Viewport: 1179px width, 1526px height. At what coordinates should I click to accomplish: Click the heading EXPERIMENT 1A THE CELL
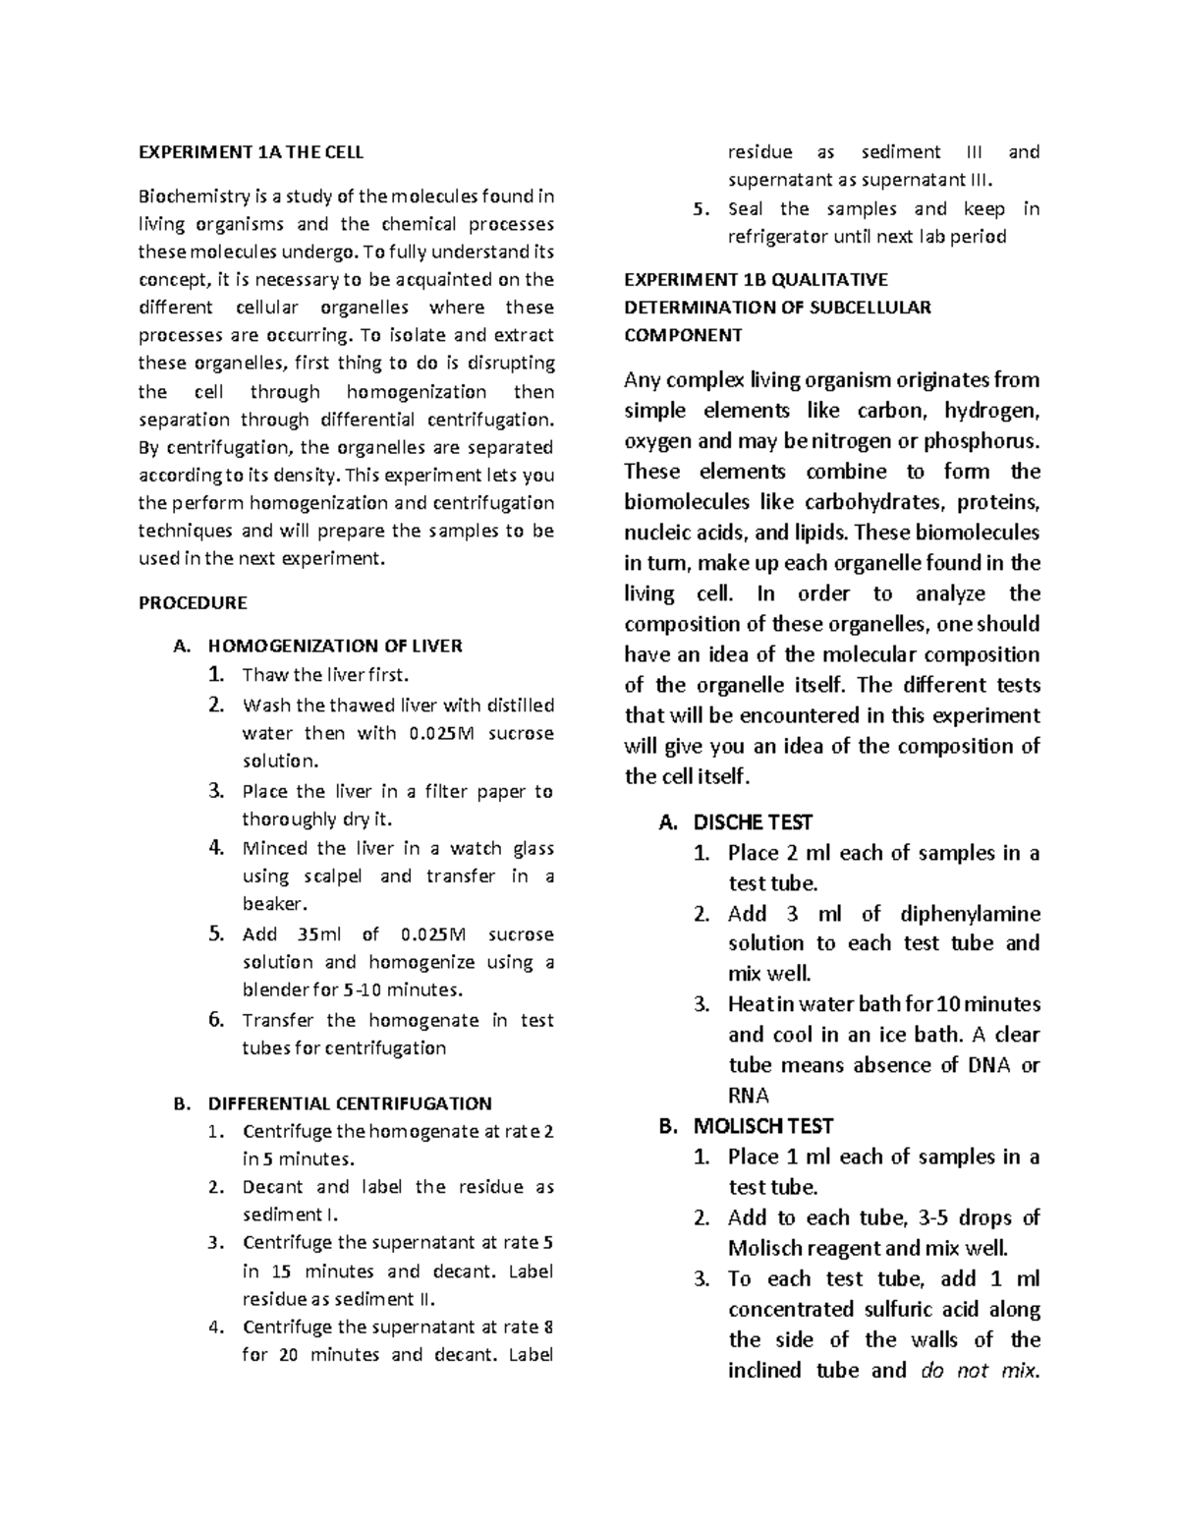coord(251,152)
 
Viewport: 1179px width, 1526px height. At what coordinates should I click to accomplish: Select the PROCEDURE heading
coord(193,602)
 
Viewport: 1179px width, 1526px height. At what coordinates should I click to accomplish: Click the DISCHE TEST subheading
coord(753,822)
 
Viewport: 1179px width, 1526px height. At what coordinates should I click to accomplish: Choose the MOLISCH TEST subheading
coord(762,1126)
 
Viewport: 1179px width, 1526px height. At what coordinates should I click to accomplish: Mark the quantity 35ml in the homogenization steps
coord(319,934)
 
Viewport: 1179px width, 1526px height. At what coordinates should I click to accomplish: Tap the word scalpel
coord(333,876)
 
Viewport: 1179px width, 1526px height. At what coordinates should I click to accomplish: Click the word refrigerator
coord(779,237)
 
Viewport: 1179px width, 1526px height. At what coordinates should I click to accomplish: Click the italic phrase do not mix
coord(979,1370)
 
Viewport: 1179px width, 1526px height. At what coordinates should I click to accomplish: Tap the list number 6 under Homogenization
coord(216,1019)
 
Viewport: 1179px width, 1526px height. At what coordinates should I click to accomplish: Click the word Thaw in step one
coord(262,675)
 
